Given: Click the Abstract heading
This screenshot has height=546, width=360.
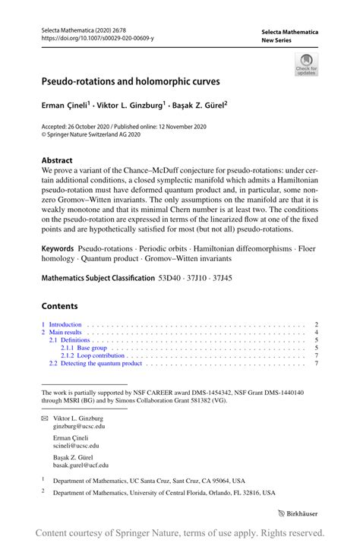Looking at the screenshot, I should click(57, 161).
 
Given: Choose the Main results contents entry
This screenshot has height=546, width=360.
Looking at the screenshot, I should click(67, 333).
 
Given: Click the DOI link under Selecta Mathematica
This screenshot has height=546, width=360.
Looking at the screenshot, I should click(98, 37).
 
